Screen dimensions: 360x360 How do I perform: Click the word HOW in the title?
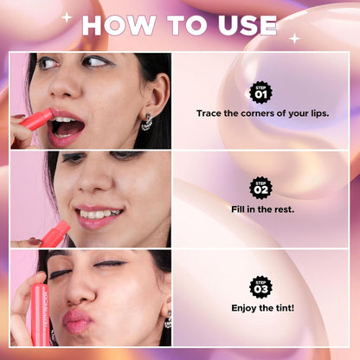click(x=119, y=25)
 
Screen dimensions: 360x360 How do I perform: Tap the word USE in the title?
click(x=247, y=25)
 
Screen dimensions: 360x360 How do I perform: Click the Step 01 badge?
click(x=260, y=93)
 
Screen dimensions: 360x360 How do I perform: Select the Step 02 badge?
click(x=260, y=188)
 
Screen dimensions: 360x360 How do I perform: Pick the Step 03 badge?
click(x=260, y=287)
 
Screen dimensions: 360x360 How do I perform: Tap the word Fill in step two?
click(x=238, y=209)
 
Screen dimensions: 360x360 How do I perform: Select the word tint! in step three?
click(x=285, y=308)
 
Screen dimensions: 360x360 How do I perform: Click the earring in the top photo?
click(x=147, y=122)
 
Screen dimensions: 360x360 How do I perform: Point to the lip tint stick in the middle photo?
click(x=55, y=234)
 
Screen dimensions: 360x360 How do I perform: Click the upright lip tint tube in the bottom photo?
click(x=40, y=314)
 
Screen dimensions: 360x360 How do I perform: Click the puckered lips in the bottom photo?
click(x=77, y=321)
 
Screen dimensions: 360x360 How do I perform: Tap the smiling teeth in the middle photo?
click(x=99, y=214)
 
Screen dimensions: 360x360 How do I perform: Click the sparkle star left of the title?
click(x=67, y=17)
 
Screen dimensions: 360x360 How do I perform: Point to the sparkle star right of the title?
click(x=294, y=39)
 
